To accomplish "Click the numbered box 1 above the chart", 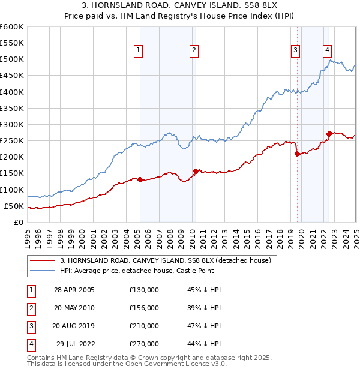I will pos(139,51).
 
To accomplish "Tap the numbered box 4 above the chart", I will pos(328,51).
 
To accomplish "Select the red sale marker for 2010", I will pos(196,171).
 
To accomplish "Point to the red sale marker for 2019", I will pos(297,154).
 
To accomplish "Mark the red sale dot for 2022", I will pos(329,134).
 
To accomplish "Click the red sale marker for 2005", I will pos(140,179).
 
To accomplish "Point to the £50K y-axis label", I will pos(14,206).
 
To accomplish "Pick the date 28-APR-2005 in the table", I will pos(74,290).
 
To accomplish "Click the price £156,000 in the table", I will pos(144,308).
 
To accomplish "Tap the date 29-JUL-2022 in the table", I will pos(75,344).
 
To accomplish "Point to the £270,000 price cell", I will pos(144,344).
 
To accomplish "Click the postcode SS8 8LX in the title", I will pos(252,7).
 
